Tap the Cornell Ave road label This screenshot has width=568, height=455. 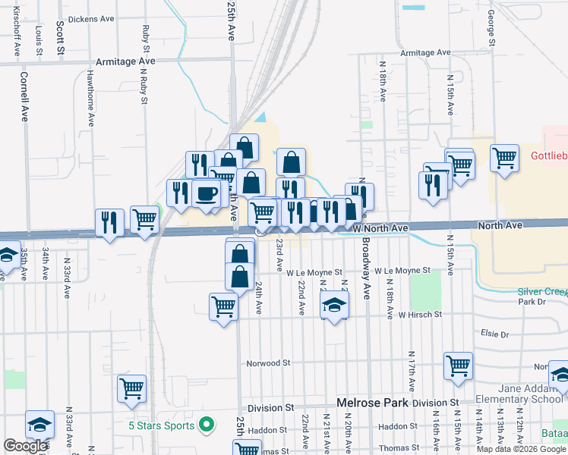pos(24,96)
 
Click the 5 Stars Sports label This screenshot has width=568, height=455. pos(162,425)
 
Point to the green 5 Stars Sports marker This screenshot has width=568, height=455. pos(204,425)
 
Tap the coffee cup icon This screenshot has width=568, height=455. pos(205,193)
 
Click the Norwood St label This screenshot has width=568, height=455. pos(265,363)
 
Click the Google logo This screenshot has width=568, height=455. pos(26,446)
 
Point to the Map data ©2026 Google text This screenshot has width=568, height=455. pos(521,449)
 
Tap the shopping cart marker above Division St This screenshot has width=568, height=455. pos(132,389)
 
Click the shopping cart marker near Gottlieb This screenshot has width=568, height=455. pos(504,159)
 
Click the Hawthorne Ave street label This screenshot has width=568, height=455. pos(90,97)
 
